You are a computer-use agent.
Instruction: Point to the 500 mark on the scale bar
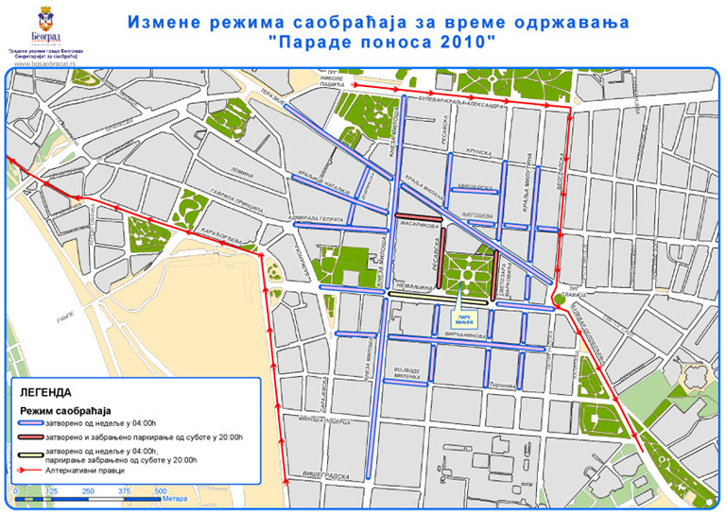pos(161,491)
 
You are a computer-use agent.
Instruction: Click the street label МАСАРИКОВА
pos(421,226)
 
